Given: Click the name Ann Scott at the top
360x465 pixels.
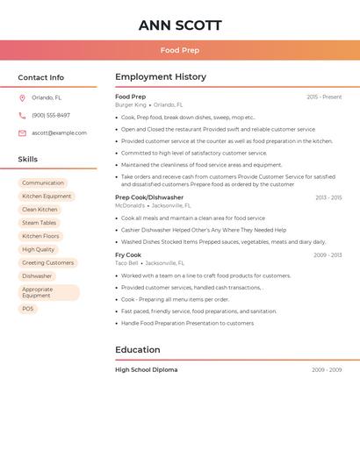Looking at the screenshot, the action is click(180, 25).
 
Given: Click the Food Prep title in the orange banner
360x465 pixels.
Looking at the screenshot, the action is click(180, 50).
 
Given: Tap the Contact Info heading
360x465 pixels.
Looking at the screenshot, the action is click(41, 77).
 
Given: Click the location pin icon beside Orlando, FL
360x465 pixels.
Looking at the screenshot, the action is click(22, 98).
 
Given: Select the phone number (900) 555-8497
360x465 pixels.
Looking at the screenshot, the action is click(51, 115).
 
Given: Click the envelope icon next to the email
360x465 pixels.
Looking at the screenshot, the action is click(22, 133).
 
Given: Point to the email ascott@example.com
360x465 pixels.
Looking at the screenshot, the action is click(59, 133).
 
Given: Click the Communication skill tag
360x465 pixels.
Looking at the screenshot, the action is click(43, 183).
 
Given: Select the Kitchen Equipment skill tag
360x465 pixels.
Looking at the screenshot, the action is click(47, 197).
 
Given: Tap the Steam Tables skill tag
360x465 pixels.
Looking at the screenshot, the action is click(40, 223).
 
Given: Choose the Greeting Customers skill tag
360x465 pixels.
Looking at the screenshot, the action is click(48, 262).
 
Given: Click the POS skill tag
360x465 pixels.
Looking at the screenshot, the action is click(28, 309).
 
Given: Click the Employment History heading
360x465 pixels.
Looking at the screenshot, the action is click(161, 77).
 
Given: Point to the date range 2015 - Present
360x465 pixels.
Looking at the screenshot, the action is click(324, 97).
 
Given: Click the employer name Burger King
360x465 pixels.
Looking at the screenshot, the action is click(131, 104).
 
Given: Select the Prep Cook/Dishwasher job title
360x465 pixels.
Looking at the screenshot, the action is click(149, 197).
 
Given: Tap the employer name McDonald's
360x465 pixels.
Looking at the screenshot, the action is click(130, 205).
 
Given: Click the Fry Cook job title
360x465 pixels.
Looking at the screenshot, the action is click(128, 254).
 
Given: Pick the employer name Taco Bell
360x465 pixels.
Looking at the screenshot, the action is click(126, 262).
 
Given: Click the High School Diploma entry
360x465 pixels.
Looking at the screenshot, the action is click(146, 369).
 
